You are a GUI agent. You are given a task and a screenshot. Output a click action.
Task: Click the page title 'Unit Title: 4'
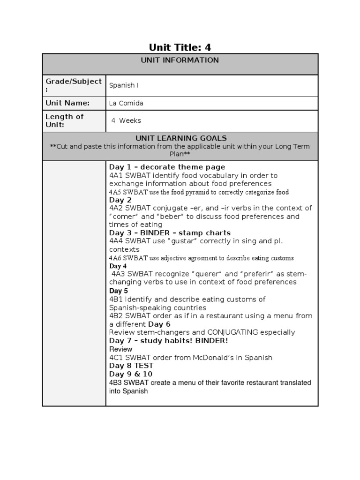point(180,47)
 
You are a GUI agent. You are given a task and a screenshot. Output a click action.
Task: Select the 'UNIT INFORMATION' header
point(180,60)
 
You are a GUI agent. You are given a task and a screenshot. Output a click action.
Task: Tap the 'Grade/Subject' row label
point(74,85)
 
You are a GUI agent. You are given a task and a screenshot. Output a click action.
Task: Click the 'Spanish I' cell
point(124,85)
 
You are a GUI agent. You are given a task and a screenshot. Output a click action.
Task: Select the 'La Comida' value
point(126,103)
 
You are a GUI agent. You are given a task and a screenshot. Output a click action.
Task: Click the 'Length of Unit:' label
point(65,120)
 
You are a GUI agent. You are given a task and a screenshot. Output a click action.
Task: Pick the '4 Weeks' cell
point(126,120)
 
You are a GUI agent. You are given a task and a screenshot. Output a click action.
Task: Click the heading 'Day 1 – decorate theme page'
point(167,167)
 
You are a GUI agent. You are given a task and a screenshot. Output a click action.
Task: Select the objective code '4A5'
point(115,192)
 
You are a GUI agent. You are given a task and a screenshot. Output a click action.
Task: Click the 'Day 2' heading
point(120,200)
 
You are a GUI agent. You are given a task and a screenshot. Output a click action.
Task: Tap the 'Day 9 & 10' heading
point(131,374)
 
